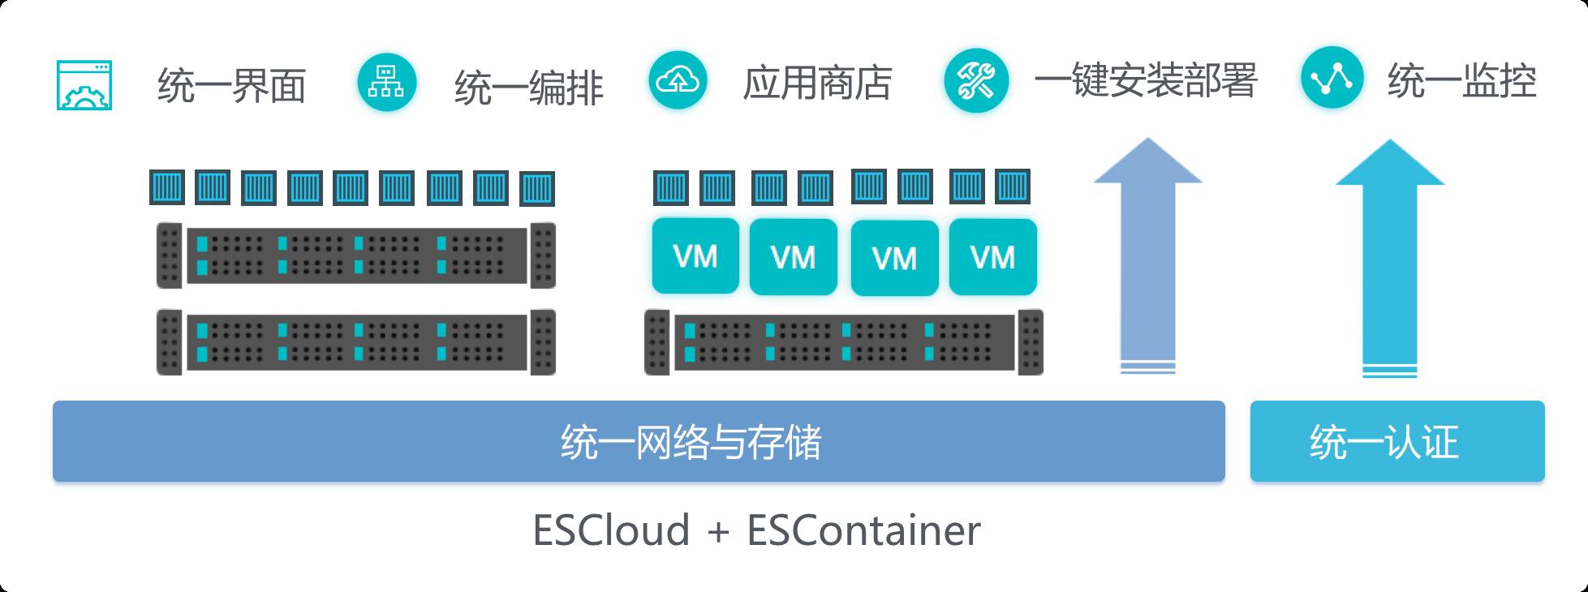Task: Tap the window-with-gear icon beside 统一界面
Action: (84, 85)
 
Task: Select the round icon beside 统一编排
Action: (386, 82)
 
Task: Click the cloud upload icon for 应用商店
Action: (678, 80)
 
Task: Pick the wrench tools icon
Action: (975, 82)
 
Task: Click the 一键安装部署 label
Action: (1145, 81)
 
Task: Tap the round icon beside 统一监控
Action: (1332, 78)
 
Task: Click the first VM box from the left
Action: (695, 256)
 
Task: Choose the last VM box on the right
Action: (992, 257)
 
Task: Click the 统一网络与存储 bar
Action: (639, 441)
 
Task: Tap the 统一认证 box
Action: (1396, 441)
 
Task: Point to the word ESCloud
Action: (611, 530)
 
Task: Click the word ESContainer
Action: (863, 530)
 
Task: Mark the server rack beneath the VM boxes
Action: (843, 342)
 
